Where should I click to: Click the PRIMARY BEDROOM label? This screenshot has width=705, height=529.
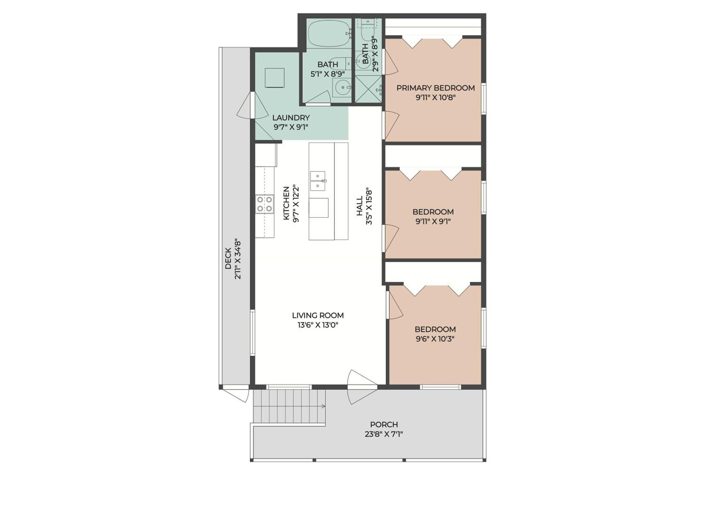coord(435,88)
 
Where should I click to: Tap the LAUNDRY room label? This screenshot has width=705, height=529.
coord(291,118)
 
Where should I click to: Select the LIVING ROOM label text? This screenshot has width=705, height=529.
coord(318,315)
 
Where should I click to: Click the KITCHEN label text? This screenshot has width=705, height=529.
coord(286,203)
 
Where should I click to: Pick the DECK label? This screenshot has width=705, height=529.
coord(228,258)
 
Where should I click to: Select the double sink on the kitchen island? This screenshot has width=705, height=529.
coord(318,181)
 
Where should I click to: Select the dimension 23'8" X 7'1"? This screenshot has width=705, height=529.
coord(384,434)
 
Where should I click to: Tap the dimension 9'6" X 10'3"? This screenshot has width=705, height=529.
coord(435,339)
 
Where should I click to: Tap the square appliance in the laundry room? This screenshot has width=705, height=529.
coord(275,78)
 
